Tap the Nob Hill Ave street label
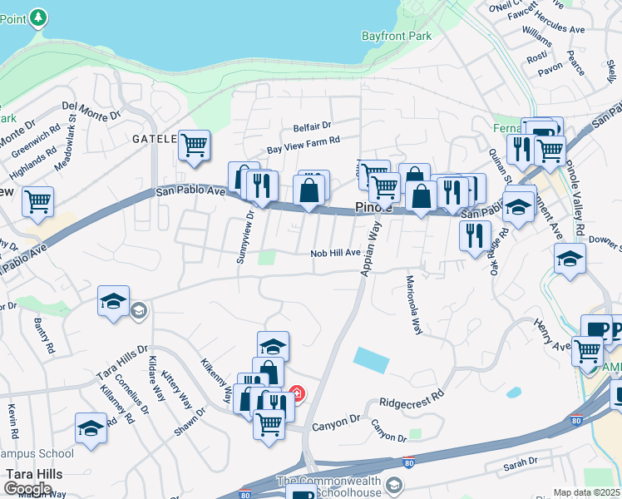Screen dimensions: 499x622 pos(335,253)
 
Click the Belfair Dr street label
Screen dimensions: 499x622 pos(312,127)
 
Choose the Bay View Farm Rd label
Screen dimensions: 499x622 pos(304,146)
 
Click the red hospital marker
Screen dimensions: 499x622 pos(296,393)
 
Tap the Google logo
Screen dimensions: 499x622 pos(27,489)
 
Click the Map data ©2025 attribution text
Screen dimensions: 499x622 pos(587,492)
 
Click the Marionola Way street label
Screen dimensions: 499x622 pos(413,304)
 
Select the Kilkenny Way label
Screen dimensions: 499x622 pos(216,381)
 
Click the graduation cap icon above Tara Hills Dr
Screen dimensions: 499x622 pos(113,302)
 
